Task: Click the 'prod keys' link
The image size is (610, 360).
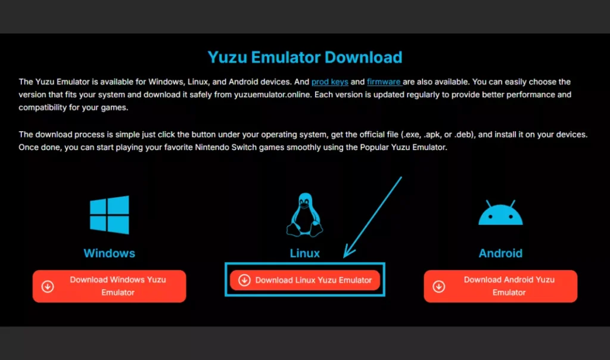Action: click(x=330, y=82)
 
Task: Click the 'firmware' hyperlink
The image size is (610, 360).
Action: click(x=384, y=82)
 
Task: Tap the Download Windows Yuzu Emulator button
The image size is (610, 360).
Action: click(x=110, y=286)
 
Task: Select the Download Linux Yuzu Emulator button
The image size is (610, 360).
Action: click(x=305, y=280)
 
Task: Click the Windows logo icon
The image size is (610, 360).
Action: click(x=110, y=215)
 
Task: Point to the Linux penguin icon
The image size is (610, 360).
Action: click(x=304, y=215)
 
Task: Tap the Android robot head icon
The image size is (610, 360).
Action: click(x=500, y=213)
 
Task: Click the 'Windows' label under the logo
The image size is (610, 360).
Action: click(x=110, y=253)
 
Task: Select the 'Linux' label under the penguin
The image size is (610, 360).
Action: click(x=304, y=253)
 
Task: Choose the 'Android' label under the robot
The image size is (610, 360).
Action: click(x=500, y=253)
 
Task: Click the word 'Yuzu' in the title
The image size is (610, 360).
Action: click(x=228, y=57)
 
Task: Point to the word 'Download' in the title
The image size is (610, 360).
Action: click(x=363, y=57)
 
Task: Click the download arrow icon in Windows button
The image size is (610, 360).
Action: click(x=48, y=287)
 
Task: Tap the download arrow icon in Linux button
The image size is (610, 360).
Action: click(x=244, y=280)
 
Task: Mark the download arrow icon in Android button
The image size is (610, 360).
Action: click(x=439, y=287)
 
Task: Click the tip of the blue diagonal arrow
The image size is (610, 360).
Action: click(x=344, y=257)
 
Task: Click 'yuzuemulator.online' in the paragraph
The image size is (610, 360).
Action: click(x=272, y=95)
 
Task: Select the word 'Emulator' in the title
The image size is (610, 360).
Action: click(x=286, y=57)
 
